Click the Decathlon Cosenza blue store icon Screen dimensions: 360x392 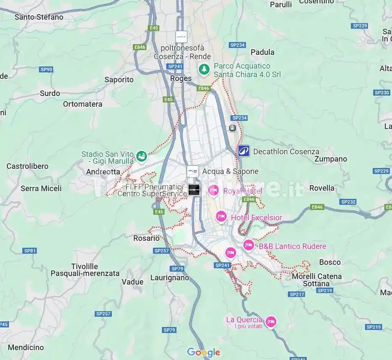(x=244, y=151)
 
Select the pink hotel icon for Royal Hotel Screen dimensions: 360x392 (x=213, y=190)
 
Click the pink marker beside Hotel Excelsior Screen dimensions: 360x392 (x=221, y=217)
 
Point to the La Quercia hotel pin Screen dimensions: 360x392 (x=271, y=322)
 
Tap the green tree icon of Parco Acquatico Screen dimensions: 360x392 (x=204, y=69)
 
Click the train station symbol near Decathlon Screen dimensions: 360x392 (x=232, y=128)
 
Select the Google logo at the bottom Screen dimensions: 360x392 (x=204, y=352)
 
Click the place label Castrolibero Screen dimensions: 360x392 (x=27, y=166)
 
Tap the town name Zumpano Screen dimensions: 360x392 (x=331, y=159)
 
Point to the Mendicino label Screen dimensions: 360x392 (x=26, y=347)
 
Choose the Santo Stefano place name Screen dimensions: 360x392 (x=39, y=17)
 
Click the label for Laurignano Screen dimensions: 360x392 (x=170, y=278)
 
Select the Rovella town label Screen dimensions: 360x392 (x=322, y=188)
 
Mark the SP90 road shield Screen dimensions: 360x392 (x=46, y=69)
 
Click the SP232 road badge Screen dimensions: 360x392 (x=348, y=201)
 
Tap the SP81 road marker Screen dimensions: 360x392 (x=30, y=250)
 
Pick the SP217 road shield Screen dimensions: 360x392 (x=297, y=294)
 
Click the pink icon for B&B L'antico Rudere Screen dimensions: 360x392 (x=248, y=245)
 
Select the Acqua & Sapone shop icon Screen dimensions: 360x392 (x=193, y=171)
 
